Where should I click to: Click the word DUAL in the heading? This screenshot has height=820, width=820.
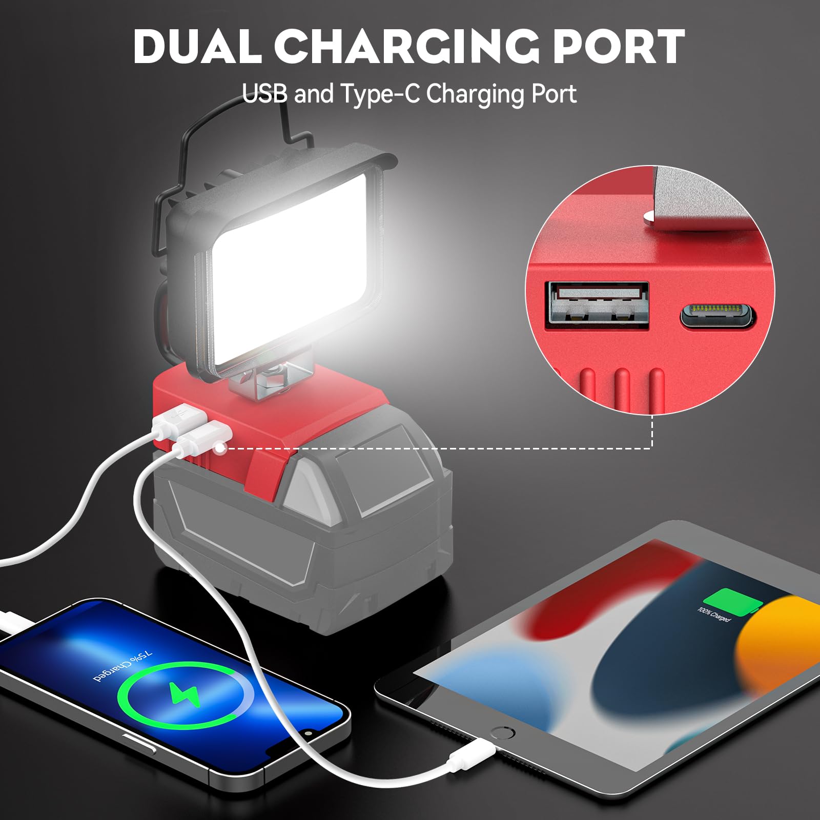pos(198,47)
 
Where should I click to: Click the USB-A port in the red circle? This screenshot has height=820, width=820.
pos(598,305)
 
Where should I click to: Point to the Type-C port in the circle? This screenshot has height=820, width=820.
pos(717,316)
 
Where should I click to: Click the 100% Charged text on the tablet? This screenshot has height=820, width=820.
pos(714,614)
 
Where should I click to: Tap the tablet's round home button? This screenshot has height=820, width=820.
pos(502,733)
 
